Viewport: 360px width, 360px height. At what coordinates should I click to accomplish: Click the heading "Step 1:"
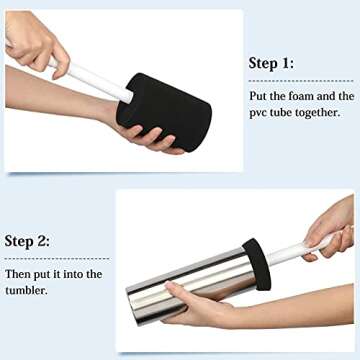[x=272, y=63]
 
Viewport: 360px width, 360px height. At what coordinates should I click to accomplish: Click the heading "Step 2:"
[x=28, y=241]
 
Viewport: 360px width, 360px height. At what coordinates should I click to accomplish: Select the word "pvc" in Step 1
[x=260, y=112]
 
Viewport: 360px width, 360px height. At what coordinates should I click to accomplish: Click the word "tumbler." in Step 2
[x=28, y=290]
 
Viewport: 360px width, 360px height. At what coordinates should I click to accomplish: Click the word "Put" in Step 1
[x=259, y=96]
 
